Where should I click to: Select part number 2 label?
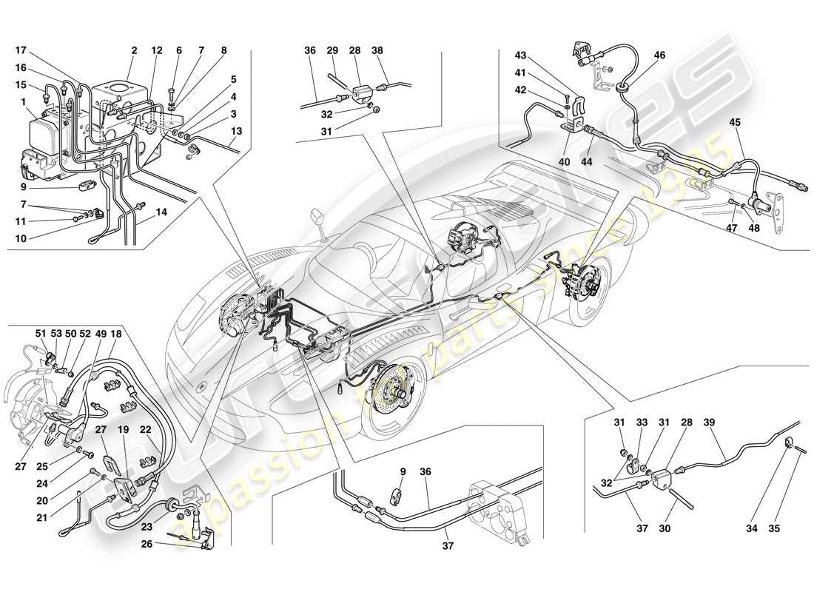[x=134, y=51]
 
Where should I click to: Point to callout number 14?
[x=161, y=212]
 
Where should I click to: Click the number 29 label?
[x=333, y=51]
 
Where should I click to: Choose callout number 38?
[x=378, y=51]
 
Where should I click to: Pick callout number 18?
[x=116, y=333]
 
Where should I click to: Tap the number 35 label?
[x=796, y=530]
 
